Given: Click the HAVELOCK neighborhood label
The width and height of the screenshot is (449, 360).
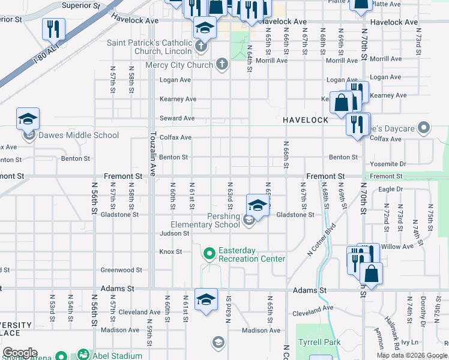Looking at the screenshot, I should (x=306, y=120).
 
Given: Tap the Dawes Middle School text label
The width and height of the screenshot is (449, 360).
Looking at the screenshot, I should (x=79, y=135).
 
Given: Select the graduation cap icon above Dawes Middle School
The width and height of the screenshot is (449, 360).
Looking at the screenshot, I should (x=28, y=119).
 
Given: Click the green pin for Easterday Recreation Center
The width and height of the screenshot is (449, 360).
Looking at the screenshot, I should (x=209, y=254).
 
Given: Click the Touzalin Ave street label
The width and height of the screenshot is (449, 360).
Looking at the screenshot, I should (x=153, y=154).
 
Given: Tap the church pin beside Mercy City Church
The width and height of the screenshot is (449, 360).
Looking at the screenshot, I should (x=222, y=64).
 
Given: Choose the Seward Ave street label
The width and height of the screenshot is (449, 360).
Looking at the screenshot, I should (x=177, y=118).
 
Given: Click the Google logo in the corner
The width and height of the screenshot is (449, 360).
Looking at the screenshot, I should (x=20, y=353).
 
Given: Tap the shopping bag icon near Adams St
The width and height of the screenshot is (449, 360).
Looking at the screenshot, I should (x=371, y=274).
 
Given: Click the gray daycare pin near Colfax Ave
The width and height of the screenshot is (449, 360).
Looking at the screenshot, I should (x=424, y=127).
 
